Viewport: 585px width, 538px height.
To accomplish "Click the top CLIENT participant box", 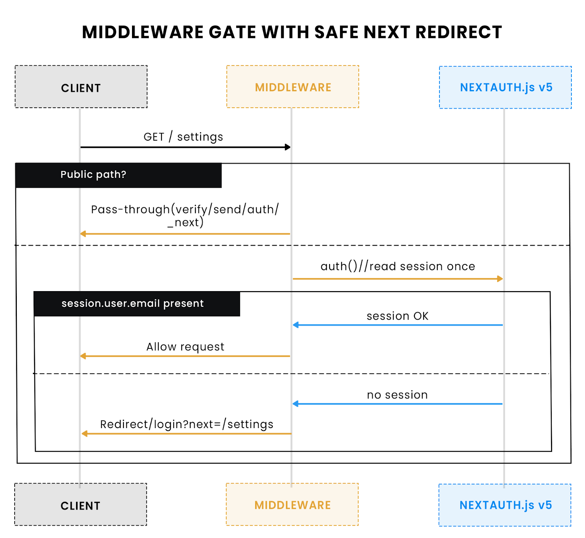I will click(81, 87).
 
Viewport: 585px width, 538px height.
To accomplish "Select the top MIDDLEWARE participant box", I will click(292, 87).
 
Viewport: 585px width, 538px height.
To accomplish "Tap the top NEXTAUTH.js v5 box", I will click(505, 87).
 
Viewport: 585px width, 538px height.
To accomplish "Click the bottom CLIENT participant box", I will click(80, 505).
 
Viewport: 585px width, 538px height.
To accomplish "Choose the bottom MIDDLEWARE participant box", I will click(292, 505).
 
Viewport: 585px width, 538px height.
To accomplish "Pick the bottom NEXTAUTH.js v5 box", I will click(505, 505).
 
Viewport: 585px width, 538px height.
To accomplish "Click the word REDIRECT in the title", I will click(458, 32).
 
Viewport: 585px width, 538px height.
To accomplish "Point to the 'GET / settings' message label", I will click(183, 137).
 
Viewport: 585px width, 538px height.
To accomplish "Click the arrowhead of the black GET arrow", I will click(288, 147).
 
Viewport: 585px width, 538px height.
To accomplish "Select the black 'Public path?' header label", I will click(93, 175).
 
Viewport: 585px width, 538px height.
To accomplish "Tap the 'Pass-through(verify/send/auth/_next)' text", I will click(185, 215).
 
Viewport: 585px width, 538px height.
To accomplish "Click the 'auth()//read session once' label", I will click(397, 266).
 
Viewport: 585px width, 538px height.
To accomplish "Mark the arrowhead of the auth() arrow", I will click(500, 279).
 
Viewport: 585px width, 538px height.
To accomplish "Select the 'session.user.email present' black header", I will click(132, 304).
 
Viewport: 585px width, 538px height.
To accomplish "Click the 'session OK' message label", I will click(397, 316).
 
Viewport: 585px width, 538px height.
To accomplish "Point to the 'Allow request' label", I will click(185, 347).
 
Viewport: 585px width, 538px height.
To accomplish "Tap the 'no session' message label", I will click(397, 395).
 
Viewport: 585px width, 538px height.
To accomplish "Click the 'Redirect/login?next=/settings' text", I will click(186, 424).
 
